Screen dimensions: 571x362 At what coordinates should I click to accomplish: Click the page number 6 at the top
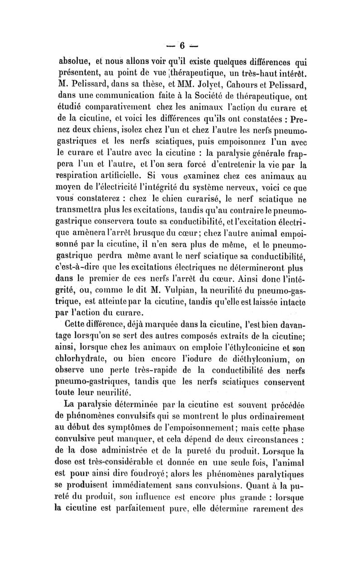tap(182, 45)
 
